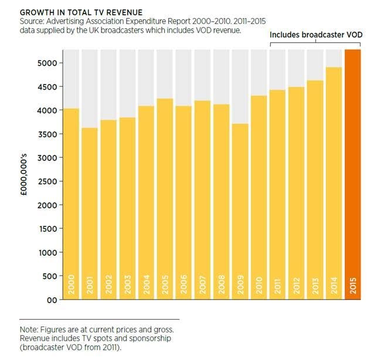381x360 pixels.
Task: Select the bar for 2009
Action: click(221, 211)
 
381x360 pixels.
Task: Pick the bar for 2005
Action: click(165, 199)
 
